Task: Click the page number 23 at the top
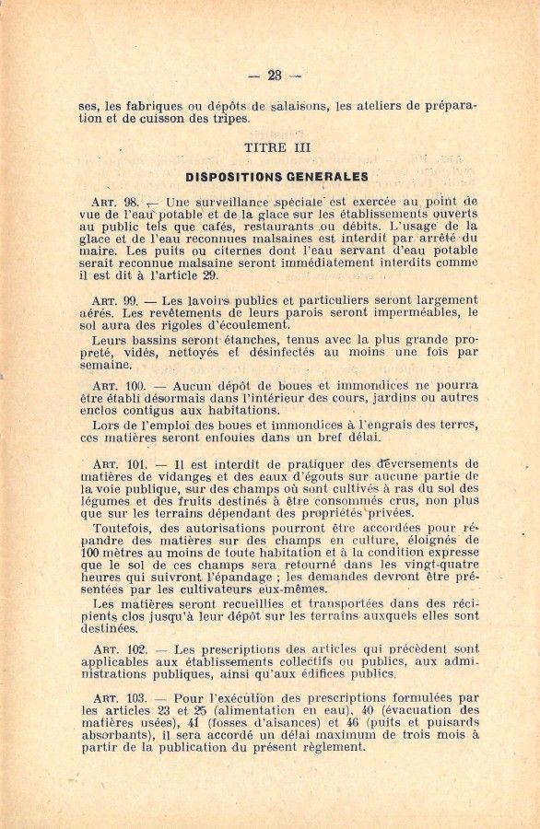coord(274,76)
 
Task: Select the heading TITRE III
coord(277,147)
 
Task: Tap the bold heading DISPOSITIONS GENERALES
coord(276,177)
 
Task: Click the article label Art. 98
coord(115,202)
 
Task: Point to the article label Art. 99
coord(115,301)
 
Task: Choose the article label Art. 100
coord(119,386)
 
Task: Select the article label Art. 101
coord(119,464)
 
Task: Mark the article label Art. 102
coord(119,649)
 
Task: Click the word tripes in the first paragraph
coord(229,119)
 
